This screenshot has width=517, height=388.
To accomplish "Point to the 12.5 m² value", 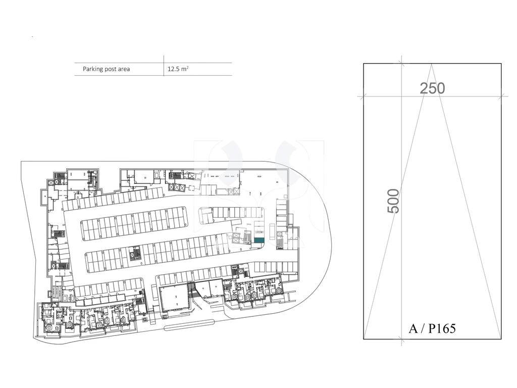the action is click(178, 69).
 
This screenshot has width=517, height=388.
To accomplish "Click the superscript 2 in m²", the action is click(187, 67).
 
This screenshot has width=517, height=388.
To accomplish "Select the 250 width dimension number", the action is click(432, 88).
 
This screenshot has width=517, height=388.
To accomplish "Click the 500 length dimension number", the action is click(393, 201).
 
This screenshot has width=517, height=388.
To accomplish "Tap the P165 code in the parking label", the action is click(442, 328).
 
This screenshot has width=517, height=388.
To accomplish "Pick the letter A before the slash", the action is click(413, 328).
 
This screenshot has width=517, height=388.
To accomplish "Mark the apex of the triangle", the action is click(432, 64).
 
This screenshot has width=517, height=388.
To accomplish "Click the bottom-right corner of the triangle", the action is click(500, 338).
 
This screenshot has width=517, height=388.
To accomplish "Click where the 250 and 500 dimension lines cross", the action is click(401, 96).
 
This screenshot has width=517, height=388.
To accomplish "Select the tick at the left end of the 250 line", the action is click(364, 96).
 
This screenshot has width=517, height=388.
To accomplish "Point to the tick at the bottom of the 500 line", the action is click(401, 339).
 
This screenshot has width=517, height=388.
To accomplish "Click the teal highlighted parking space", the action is click(259, 240).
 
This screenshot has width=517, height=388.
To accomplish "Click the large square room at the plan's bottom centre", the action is click(174, 299).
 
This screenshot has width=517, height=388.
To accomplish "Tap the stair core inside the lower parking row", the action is click(134, 254).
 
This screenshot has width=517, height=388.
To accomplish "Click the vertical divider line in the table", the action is click(164, 66).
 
